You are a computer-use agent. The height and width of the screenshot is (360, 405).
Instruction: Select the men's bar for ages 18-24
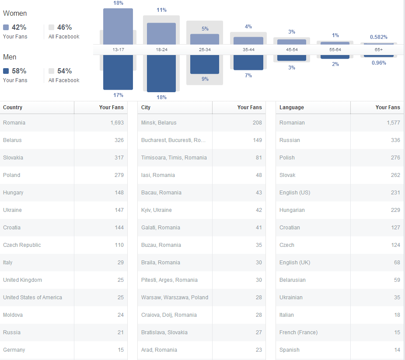click(x=161, y=73)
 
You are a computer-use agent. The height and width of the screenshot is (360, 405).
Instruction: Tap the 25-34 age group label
click(x=205, y=50)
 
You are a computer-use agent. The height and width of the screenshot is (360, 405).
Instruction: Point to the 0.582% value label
click(x=379, y=37)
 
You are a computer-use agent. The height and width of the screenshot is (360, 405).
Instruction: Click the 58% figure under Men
click(x=19, y=71)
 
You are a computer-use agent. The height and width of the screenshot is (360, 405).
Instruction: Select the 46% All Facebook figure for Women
click(x=64, y=27)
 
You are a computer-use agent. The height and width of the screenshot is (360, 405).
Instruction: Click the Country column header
click(x=13, y=107)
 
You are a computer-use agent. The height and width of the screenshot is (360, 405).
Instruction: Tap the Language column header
click(x=291, y=107)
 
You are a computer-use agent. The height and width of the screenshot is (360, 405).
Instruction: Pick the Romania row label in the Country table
click(x=14, y=123)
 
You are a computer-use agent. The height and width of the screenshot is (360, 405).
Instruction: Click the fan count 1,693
click(x=117, y=123)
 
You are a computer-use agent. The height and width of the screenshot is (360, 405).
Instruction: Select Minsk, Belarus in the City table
click(x=159, y=123)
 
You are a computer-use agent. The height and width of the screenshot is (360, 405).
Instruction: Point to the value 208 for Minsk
click(x=257, y=123)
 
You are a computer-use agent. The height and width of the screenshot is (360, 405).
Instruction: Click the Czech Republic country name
click(x=22, y=245)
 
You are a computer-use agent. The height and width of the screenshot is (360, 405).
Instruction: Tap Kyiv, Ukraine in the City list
click(x=156, y=210)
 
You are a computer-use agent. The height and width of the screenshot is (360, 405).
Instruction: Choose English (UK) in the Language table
click(x=295, y=263)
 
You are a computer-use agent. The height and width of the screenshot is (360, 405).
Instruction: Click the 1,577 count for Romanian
click(x=393, y=123)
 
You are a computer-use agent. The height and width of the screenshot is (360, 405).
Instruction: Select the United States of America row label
click(x=32, y=298)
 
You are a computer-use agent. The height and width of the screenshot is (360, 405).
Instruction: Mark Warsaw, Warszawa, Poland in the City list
click(x=175, y=298)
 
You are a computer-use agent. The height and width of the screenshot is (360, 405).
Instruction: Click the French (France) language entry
click(x=298, y=332)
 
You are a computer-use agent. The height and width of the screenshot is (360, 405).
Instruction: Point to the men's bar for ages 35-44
click(x=248, y=62)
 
